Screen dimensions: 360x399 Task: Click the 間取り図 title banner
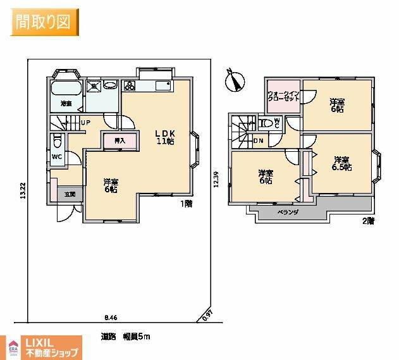coord(44,22)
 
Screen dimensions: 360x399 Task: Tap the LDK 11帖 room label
coord(166,137)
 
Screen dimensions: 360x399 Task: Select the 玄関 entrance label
coord(70,194)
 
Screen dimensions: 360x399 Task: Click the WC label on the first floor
coord(56,156)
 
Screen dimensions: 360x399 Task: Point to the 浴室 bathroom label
coord(65,103)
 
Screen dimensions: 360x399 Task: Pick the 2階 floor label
coord(368,221)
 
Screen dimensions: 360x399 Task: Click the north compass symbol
coord(236,80)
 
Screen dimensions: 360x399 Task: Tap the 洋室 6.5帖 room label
coord(342,163)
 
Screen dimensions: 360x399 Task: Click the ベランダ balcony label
coord(288,213)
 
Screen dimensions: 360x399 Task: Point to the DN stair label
coord(258,140)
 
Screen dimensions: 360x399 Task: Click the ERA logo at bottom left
coord(11,347)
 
